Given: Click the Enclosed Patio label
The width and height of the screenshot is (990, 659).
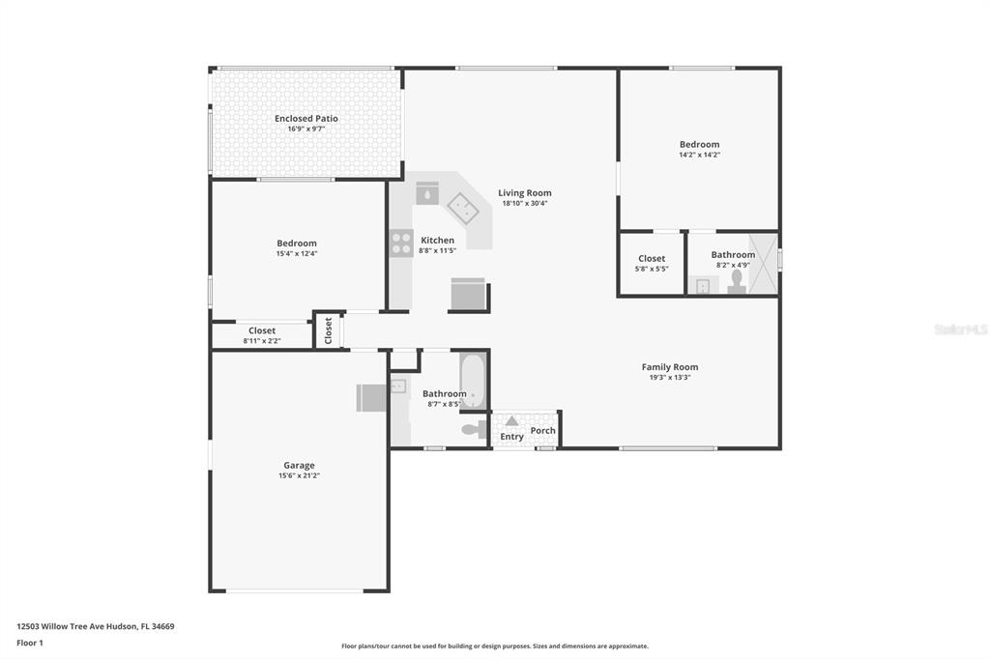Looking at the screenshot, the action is tap(306, 118).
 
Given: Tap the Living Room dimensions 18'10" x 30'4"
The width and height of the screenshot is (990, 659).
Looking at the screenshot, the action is tap(525, 203).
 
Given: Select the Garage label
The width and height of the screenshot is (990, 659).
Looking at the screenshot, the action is tap(299, 465).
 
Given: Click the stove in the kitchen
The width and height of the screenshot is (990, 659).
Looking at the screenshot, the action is tap(401, 244).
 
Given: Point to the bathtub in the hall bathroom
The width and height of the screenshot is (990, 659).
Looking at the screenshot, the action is tap(473, 382).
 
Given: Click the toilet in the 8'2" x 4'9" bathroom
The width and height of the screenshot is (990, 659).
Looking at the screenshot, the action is tap(736, 282).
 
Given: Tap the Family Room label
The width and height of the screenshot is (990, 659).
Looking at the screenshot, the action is tap(670, 367).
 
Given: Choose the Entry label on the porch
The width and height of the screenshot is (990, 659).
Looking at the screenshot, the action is tap(511, 436).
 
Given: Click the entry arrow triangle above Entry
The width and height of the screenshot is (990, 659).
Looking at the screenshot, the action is tap(511, 420).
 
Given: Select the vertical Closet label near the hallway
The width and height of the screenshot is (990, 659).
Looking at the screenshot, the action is tap(329, 330).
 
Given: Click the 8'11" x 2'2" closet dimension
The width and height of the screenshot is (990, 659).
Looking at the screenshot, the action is tap(262, 341).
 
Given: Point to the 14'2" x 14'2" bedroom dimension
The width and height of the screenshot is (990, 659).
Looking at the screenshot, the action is tap(700, 155).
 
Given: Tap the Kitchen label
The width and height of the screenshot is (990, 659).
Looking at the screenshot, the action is tap(438, 240).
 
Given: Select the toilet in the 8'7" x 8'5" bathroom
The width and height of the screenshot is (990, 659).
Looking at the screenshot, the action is tap(474, 430).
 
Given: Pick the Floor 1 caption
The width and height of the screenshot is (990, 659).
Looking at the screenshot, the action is tap(30, 643).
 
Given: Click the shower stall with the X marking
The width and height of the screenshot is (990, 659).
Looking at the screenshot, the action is tap(763, 264).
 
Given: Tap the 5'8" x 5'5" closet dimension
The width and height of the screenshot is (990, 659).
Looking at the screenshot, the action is tap(652, 269).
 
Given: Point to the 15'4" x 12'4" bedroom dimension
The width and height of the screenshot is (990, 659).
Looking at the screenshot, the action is tap(297, 254).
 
